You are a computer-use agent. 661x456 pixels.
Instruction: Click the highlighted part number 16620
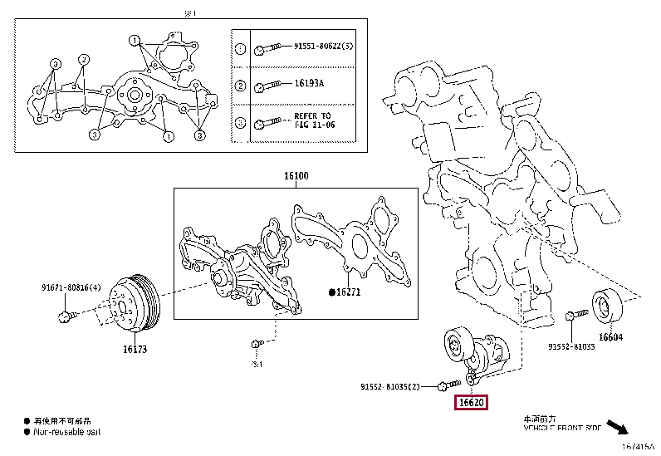coord(470,403)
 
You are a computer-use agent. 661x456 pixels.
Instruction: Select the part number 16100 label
coord(295,177)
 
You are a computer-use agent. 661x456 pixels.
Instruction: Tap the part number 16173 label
coord(135,349)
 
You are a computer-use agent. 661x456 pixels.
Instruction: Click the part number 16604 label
coord(611,337)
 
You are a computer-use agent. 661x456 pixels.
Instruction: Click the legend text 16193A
coord(309,85)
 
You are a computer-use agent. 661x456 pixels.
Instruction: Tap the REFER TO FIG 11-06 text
coord(312,120)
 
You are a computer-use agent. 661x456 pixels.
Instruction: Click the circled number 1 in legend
coord(240,49)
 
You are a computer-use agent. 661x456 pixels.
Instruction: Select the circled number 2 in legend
coord(240,86)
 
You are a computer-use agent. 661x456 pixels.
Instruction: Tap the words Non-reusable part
coord(65,433)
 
